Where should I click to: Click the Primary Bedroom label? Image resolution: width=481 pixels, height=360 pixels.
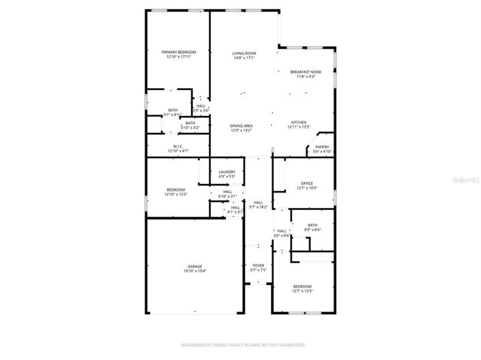tap(179, 52)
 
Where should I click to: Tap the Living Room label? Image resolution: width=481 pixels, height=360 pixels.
tap(244, 53)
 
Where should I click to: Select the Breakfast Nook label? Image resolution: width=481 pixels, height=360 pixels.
tap(306, 72)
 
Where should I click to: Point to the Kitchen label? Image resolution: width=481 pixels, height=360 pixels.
tap(299, 122)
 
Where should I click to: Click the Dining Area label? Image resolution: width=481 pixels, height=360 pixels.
tap(242, 125)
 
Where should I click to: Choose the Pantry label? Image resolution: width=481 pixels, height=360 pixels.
tap(322, 147)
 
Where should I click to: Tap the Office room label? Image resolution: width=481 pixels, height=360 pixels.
tap(306, 183)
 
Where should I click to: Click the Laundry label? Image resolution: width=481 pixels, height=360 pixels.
tap(227, 172)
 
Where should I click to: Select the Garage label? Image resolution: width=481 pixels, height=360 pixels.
tap(195, 267)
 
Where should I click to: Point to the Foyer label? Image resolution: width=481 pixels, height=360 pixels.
tap(258, 265)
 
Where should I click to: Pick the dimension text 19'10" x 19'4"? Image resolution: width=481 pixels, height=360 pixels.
tap(195, 271)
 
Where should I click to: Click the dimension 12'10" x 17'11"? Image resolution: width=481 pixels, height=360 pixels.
tap(179, 57)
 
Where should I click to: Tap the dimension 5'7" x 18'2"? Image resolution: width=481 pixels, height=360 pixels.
tap(259, 207)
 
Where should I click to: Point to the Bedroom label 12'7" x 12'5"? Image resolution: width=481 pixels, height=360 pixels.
tap(303, 286)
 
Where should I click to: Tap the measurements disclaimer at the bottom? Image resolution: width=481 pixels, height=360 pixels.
tap(240, 345)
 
